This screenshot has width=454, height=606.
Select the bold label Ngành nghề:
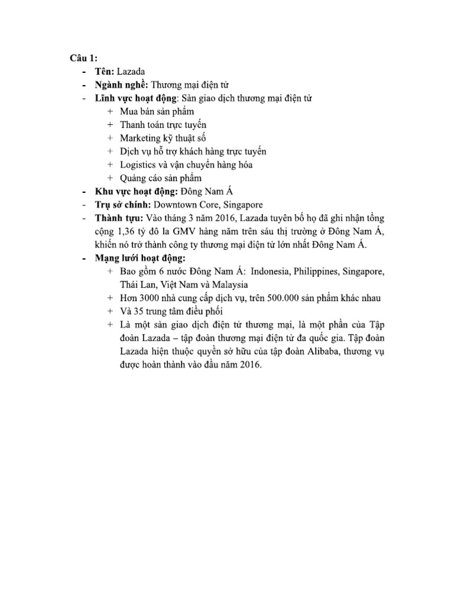coord(121,85)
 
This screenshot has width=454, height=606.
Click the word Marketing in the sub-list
coord(140,138)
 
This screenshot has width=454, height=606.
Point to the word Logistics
coord(137,165)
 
